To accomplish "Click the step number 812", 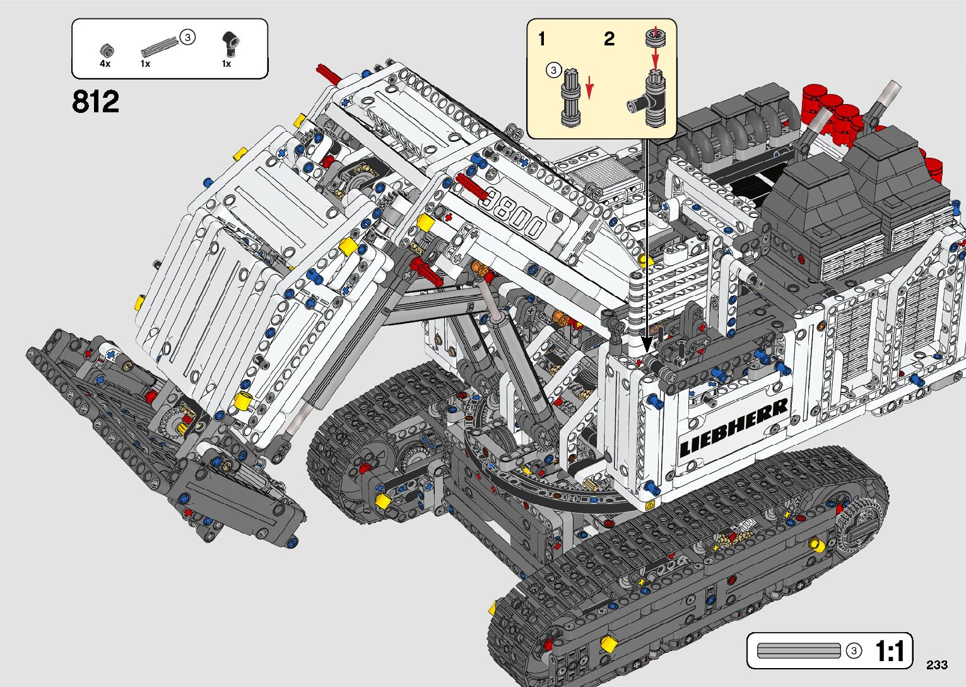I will click(x=95, y=102).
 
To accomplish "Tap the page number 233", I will click(x=937, y=665).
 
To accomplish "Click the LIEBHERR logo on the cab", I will click(x=734, y=428).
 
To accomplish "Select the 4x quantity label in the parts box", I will click(x=105, y=64).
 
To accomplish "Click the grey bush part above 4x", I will click(x=106, y=50).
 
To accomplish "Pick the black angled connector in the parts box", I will click(x=228, y=44).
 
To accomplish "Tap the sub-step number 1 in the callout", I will click(x=541, y=39).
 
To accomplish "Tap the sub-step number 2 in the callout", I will click(x=609, y=39).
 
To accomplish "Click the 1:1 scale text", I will click(x=890, y=651).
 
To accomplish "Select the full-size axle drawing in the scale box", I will click(x=798, y=650).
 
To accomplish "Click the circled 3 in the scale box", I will click(x=854, y=650).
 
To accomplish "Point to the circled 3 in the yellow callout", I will click(x=553, y=70).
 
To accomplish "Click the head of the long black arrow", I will click(x=646, y=346).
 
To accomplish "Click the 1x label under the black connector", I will click(x=227, y=64).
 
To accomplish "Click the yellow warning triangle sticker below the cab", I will click(x=651, y=505).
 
